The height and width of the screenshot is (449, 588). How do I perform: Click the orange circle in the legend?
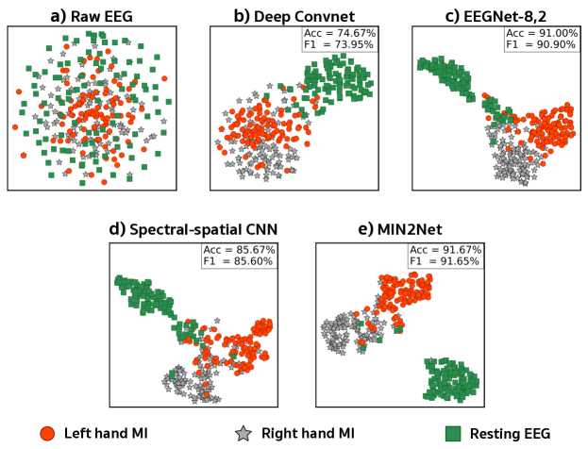click(x=47, y=433)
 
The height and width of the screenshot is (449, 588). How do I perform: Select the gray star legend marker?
click(x=243, y=433)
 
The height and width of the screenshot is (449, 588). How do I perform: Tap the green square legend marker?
click(x=452, y=433)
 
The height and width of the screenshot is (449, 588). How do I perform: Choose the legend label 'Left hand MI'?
click(x=106, y=433)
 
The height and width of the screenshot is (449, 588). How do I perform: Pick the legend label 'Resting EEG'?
click(x=509, y=433)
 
